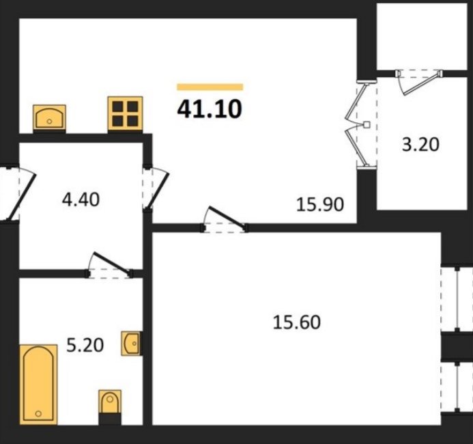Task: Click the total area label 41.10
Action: pyautogui.click(x=210, y=109)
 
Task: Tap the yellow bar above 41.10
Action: pyautogui.click(x=210, y=87)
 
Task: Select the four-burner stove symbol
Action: pyautogui.click(x=125, y=113)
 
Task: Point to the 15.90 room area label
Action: pyautogui.click(x=320, y=204)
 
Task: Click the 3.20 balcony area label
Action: pyautogui.click(x=420, y=145)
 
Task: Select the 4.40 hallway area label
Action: pyautogui.click(x=81, y=199)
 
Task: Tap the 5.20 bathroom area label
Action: pyautogui.click(x=85, y=345)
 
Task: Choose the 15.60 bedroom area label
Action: pyautogui.click(x=296, y=322)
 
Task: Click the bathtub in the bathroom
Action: pyautogui.click(x=38, y=385)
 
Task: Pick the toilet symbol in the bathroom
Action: pyautogui.click(x=110, y=402)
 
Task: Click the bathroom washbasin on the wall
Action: pyautogui.click(x=130, y=343)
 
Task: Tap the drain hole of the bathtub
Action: pyautogui.click(x=38, y=413)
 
